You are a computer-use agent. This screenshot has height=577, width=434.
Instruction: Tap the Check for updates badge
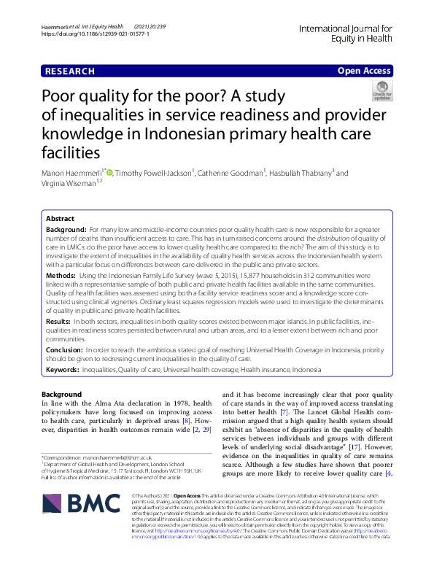click(x=381, y=91)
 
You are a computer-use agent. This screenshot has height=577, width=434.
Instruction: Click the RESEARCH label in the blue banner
click(x=70, y=71)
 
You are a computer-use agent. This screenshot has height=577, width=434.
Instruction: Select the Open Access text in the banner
click(x=364, y=71)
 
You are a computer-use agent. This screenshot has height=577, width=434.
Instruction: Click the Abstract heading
click(x=61, y=219)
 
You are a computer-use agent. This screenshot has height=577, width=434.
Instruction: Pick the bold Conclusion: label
click(x=65, y=350)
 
